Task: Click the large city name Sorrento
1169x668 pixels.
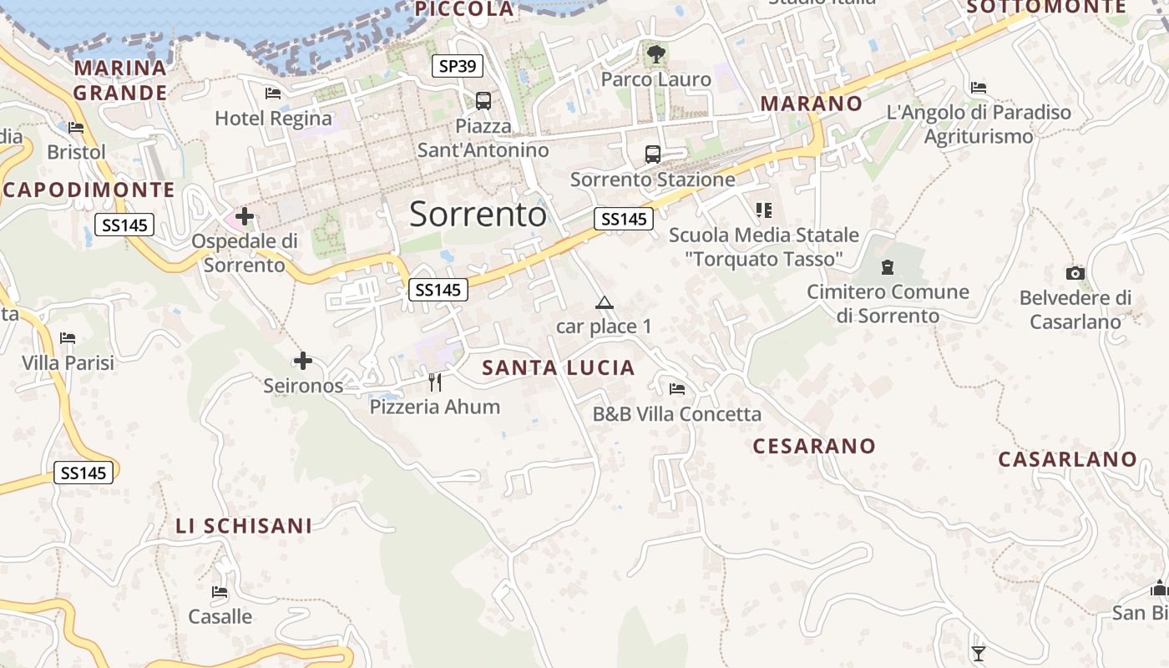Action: point(478,215)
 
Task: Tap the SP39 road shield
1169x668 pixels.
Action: point(458,66)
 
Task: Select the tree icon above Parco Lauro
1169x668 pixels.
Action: point(656,54)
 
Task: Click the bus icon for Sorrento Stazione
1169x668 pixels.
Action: point(653,154)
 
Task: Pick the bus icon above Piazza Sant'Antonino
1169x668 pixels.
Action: point(483,101)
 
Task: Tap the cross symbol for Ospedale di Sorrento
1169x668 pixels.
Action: point(245,217)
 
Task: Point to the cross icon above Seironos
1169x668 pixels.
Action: point(303,362)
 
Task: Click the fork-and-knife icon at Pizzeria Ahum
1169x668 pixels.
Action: point(434,382)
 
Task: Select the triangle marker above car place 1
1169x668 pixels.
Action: point(605,302)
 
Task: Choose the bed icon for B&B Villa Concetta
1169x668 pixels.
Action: point(677,389)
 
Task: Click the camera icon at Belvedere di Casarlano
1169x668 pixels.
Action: point(1075,273)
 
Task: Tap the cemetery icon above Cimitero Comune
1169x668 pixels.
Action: point(888,267)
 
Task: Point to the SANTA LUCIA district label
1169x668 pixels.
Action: point(559,367)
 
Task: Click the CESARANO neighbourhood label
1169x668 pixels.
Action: point(814,446)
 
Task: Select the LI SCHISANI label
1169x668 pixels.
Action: point(244,526)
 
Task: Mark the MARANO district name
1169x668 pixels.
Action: point(812,104)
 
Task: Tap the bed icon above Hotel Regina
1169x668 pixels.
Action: point(273,94)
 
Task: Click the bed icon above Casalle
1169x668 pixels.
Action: point(220,592)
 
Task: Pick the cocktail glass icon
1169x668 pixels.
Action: point(979,653)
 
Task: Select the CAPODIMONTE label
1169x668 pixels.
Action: point(89,190)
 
